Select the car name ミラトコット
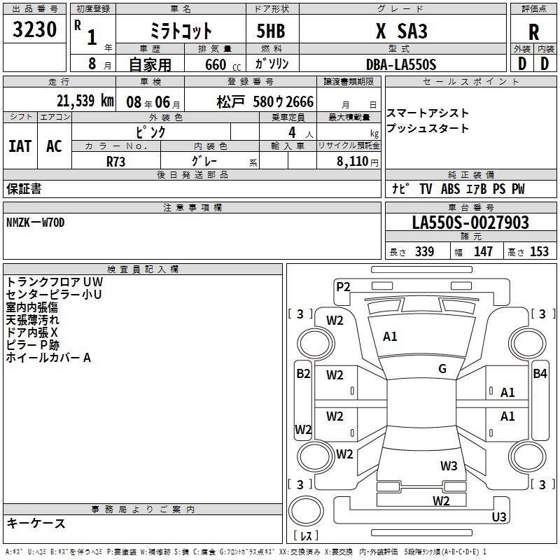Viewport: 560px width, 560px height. (x=181, y=31)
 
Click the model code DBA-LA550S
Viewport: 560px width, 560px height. (x=400, y=64)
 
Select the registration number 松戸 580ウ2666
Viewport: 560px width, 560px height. (x=265, y=101)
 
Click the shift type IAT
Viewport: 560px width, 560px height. (x=20, y=146)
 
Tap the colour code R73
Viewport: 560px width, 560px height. (x=116, y=161)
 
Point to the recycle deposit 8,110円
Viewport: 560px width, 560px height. (x=356, y=161)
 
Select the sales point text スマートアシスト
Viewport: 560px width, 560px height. (x=428, y=113)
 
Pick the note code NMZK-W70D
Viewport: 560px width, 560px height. (x=36, y=223)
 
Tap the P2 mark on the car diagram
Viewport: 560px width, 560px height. (x=343, y=286)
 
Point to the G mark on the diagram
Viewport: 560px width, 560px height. (x=442, y=369)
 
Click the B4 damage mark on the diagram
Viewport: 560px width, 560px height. (x=540, y=374)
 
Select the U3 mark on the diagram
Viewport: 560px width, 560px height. (x=498, y=517)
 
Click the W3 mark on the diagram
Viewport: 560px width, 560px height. (x=449, y=466)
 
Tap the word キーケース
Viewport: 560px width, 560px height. (x=36, y=524)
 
